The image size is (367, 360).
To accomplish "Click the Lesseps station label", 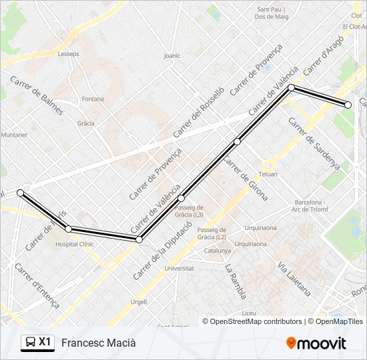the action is click(68, 55).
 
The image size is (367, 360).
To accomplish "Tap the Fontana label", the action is click(93, 99).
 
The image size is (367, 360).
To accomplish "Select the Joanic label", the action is click(171, 56).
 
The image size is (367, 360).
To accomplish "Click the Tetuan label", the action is click(268, 174).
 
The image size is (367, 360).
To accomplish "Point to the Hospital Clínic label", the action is click(75, 244).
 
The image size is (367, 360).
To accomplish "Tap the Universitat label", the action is click(179, 268).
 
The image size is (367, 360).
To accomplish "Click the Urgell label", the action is click(139, 301).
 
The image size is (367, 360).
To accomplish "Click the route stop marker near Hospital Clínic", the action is click(69, 229).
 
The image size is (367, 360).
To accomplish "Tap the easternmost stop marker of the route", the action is click(348, 105).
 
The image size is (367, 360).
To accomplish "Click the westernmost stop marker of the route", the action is click(21, 193).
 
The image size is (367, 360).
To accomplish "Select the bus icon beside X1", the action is click(30, 343).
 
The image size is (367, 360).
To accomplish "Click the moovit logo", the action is click(316, 343).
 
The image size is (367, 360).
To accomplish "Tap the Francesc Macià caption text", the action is click(98, 343).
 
